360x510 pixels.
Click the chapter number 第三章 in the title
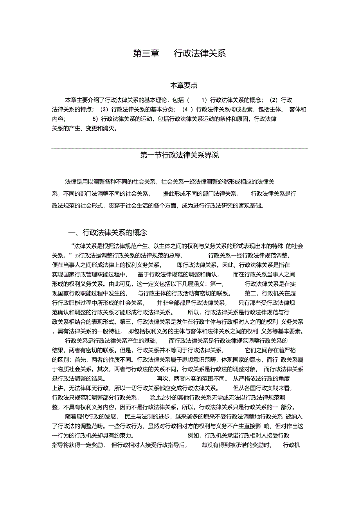[146, 54]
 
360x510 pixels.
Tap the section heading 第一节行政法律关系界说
[180, 155]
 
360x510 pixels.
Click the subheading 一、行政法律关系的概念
[107, 232]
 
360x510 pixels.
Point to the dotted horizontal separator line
[180, 148]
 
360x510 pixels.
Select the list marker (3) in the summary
[104, 109]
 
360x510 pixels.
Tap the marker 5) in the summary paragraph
[95, 119]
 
